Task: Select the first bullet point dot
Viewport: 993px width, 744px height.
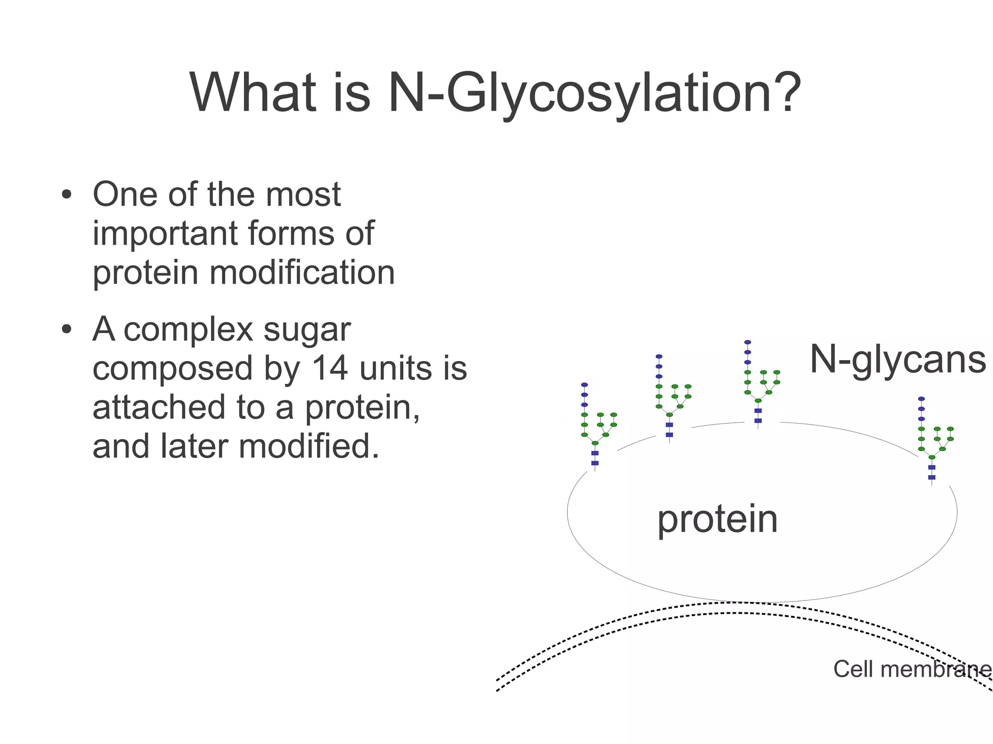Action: pyautogui.click(x=66, y=195)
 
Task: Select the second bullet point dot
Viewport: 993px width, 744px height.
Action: pyautogui.click(x=66, y=330)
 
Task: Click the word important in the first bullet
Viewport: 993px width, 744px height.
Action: pyautogui.click(x=167, y=234)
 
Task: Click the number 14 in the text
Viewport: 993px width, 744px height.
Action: pyautogui.click(x=329, y=368)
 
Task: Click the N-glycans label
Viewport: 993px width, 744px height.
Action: pyautogui.click(x=897, y=360)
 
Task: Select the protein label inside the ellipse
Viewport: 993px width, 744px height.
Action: pyautogui.click(x=717, y=519)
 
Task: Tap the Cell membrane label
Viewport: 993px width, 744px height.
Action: pyautogui.click(x=912, y=669)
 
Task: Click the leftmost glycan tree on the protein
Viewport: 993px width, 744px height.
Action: pyautogui.click(x=596, y=427)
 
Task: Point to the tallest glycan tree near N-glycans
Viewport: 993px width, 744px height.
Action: pyautogui.click(x=759, y=383)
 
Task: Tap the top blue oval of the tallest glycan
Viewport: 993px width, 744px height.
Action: pyautogui.click(x=748, y=342)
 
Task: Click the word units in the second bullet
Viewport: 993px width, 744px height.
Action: pyautogui.click(x=396, y=368)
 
